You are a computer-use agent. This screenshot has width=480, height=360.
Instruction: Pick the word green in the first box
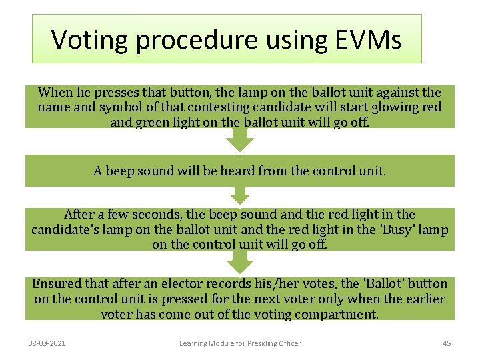152,121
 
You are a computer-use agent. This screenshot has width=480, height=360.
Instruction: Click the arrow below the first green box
240,139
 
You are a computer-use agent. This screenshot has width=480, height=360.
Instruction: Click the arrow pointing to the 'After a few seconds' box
240,196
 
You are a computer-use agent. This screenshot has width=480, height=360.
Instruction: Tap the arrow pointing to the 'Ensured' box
240,264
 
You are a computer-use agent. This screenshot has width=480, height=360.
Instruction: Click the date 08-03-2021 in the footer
51,343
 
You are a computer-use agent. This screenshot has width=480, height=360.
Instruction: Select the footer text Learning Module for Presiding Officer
240,343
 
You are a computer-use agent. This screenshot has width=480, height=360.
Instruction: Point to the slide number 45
447,343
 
